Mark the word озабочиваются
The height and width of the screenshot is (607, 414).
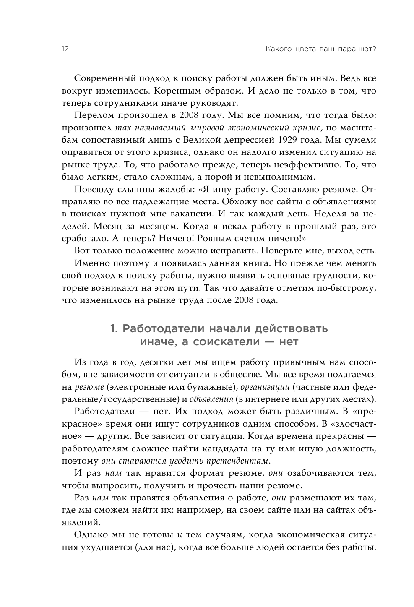[318, 474]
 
